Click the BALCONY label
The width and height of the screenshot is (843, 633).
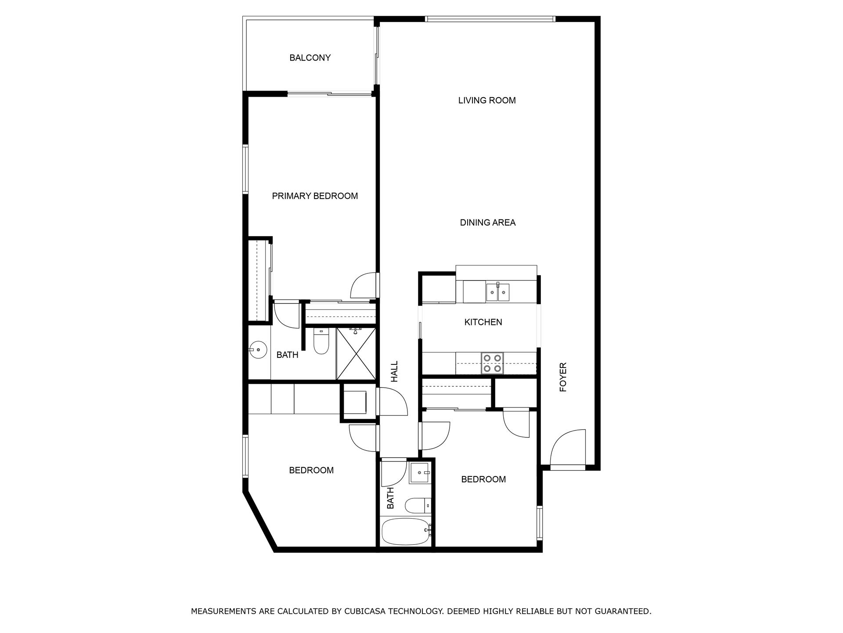point(310,58)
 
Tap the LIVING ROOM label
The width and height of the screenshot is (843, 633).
point(486,101)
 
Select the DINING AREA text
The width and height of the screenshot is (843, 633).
point(487,223)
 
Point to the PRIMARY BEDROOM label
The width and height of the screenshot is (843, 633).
point(315,196)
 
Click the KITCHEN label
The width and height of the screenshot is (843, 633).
point(483,322)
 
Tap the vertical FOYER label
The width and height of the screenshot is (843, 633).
point(563,377)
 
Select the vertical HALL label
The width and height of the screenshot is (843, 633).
point(394,371)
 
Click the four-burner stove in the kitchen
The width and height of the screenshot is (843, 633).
point(492,363)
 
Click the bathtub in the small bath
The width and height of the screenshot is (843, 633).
point(405,531)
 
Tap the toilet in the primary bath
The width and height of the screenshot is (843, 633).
point(321,342)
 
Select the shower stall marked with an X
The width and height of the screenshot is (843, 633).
point(356,353)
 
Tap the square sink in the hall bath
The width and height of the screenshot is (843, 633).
point(420,473)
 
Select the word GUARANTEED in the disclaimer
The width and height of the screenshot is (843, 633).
point(622,611)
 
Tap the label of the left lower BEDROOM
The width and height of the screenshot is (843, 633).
point(311,470)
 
